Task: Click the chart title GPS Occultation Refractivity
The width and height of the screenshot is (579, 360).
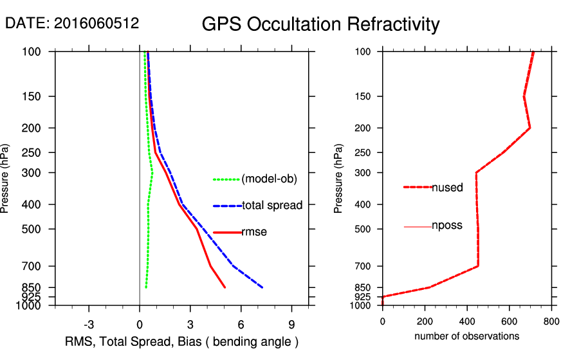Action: click(x=320, y=24)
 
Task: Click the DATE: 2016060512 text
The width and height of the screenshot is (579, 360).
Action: click(x=72, y=23)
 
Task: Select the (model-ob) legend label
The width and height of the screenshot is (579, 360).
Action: click(x=269, y=179)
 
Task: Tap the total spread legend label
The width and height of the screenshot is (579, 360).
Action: click(x=272, y=206)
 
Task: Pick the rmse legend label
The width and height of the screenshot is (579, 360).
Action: click(x=254, y=232)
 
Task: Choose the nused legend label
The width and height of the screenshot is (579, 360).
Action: click(x=447, y=188)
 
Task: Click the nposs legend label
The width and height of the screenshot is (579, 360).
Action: click(x=447, y=226)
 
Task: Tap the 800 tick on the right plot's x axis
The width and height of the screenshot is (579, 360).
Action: click(x=551, y=321)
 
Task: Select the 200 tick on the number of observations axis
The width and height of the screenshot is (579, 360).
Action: click(x=425, y=321)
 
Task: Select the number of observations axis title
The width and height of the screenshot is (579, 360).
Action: click(x=466, y=336)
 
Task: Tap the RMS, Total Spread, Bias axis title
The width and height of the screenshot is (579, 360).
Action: click(x=182, y=341)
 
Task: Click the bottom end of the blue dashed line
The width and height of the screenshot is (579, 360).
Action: click(x=262, y=287)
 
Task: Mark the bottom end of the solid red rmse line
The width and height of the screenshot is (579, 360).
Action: click(x=225, y=287)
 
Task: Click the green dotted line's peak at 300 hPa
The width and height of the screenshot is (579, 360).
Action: click(x=152, y=173)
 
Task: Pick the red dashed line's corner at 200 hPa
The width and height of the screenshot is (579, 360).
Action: click(x=529, y=128)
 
